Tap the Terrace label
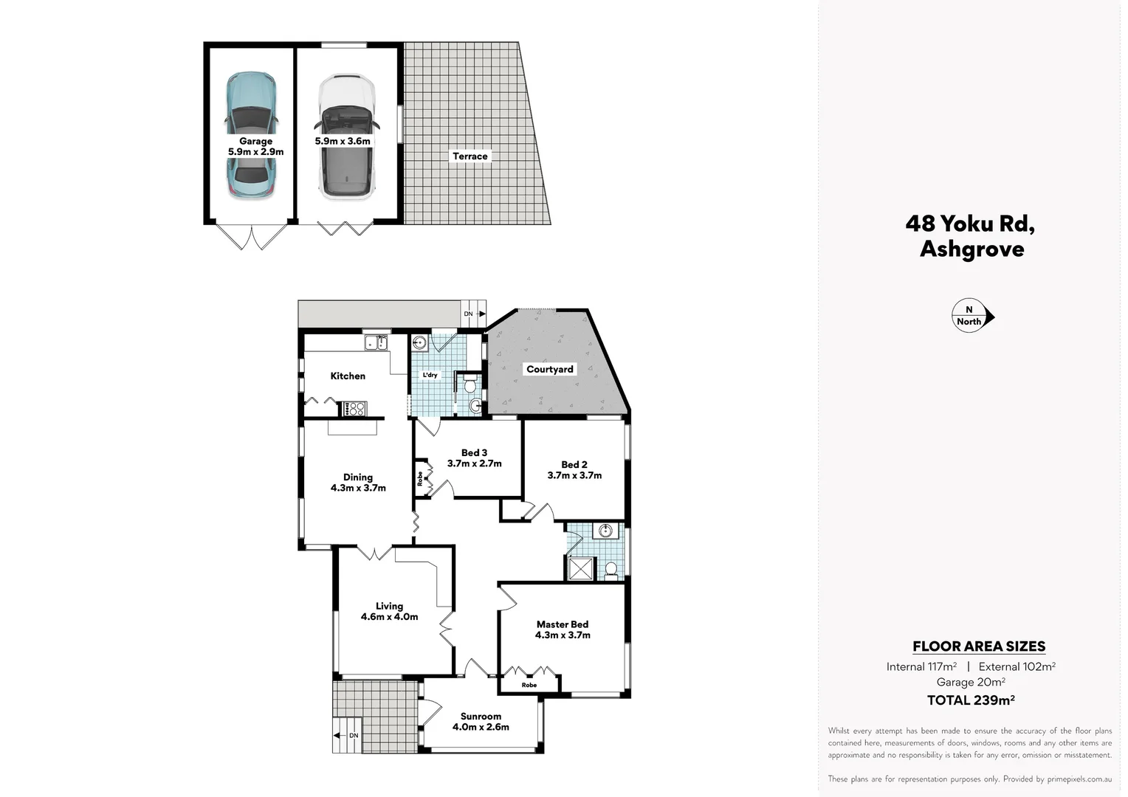(470, 156)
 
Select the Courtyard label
(549, 369)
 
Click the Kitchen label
(348, 376)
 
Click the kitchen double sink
(376, 342)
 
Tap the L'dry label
(430, 375)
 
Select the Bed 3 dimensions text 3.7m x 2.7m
(474, 463)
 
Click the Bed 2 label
(574, 464)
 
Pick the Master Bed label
(563, 624)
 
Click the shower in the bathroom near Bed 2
(580, 568)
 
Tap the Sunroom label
(481, 716)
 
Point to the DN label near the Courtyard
(469, 314)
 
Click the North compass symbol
(971, 317)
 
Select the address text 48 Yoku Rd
(970, 224)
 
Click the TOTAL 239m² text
(970, 700)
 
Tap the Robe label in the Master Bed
(529, 685)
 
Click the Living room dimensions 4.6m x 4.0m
(389, 617)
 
